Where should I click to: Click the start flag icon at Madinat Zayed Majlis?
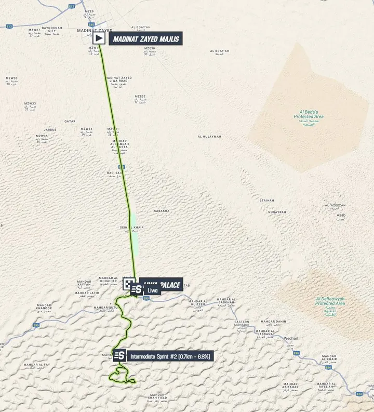point(99,38)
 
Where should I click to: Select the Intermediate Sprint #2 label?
point(170,356)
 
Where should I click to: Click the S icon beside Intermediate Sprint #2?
point(119,356)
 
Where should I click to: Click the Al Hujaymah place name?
point(209,137)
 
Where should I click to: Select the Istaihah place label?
point(266,201)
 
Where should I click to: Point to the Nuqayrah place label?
point(277,212)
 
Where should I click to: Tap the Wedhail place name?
point(291,338)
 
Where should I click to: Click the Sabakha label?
point(162,211)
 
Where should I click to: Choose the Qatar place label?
point(70,121)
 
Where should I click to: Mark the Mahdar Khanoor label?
point(44,307)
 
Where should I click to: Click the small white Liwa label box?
point(152,290)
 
